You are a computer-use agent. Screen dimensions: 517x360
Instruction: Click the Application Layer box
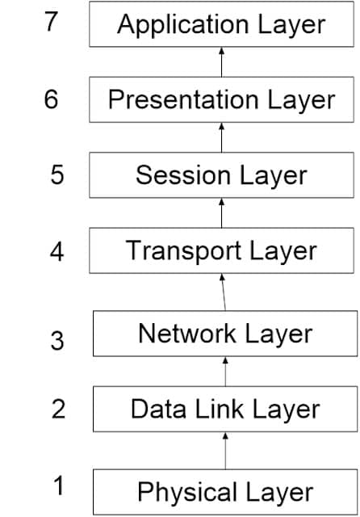[x=221, y=24]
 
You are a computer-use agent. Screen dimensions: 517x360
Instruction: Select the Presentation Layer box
[x=221, y=99]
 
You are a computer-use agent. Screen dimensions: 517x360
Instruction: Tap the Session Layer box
[x=221, y=175]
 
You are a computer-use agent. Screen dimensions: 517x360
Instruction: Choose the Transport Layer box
[x=221, y=250]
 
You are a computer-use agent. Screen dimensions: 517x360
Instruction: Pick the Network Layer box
[x=225, y=333]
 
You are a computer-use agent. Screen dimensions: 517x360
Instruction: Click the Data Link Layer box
[x=225, y=409]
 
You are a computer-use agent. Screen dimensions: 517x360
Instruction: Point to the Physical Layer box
[x=225, y=491]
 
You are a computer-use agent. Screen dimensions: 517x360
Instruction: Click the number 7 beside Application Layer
[x=52, y=21]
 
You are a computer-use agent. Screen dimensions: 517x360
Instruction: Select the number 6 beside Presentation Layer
[x=52, y=100]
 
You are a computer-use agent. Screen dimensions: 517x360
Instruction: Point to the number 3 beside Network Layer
[x=57, y=341]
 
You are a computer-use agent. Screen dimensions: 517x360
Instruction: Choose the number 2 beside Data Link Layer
[x=58, y=410]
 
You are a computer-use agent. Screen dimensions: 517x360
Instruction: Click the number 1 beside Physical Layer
[x=58, y=486]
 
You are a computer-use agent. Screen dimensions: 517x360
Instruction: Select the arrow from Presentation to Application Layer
[x=221, y=61]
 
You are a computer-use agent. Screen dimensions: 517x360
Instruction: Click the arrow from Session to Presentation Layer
[x=221, y=137]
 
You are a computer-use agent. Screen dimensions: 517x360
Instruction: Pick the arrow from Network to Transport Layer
[x=224, y=292]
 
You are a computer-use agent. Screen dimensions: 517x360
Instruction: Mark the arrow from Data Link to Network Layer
[x=225, y=371]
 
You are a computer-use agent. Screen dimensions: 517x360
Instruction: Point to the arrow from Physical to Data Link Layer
[x=225, y=450]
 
